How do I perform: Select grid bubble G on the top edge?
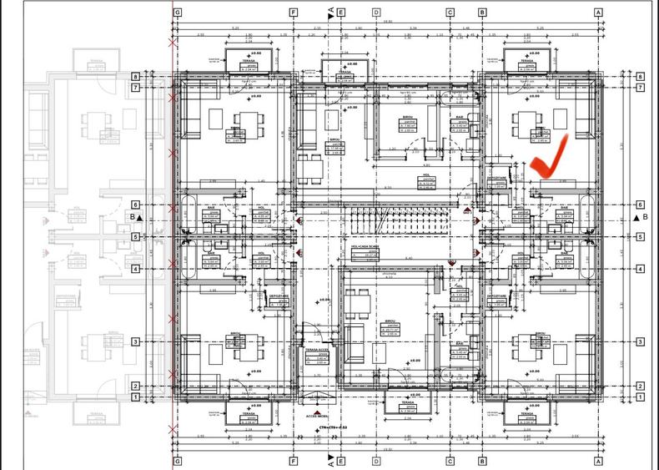(178, 13)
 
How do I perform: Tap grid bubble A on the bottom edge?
(598, 460)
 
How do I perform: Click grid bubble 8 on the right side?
(639, 77)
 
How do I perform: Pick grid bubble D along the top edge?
(377, 13)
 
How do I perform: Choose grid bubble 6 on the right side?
(639, 205)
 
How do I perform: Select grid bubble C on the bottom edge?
(450, 460)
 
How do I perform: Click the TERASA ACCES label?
(316, 351)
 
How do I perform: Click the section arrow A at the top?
(331, 13)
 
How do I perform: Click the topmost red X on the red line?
(173, 41)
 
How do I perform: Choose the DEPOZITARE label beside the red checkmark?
(495, 178)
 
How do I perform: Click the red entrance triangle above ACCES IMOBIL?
(318, 404)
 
